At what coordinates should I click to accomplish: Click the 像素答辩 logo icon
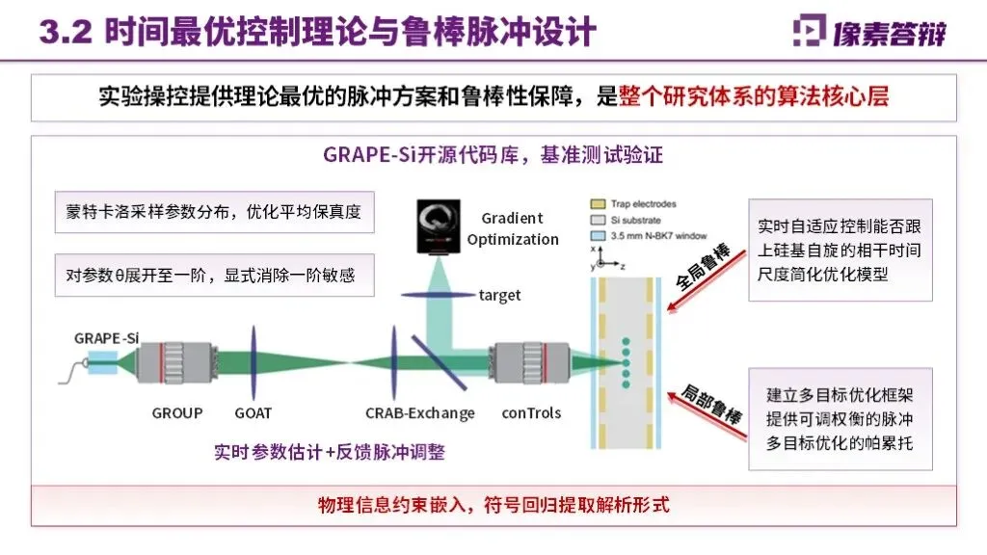808,31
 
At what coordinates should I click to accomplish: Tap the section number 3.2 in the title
65,31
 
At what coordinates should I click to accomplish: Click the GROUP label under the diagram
177,413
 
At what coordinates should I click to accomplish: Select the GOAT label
253,413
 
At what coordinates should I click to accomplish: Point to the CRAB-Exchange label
420,413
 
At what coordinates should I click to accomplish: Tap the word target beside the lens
499,295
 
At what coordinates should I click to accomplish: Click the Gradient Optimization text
513,228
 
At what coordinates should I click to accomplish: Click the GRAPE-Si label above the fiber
107,337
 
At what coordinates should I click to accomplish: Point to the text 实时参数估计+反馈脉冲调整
330,452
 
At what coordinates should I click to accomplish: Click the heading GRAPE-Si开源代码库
493,155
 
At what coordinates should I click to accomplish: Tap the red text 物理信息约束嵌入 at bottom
493,505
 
